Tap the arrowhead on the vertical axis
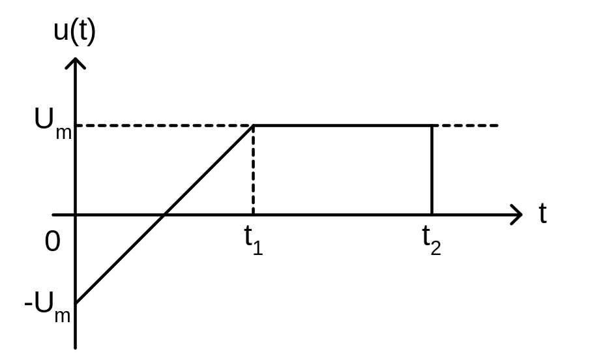click(76, 64)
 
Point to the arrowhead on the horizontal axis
click(516, 214)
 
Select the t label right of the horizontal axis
click(542, 214)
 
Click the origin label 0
click(53, 242)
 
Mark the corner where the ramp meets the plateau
click(253, 125)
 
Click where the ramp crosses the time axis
click(165, 214)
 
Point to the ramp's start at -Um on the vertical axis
click(76, 303)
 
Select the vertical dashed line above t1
click(253, 170)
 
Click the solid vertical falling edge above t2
click(431, 170)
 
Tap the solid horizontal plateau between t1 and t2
click(342, 125)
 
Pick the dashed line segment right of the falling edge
click(465, 125)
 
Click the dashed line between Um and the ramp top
click(163, 125)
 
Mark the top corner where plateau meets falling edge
click(431, 125)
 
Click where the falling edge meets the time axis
click(431, 214)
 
